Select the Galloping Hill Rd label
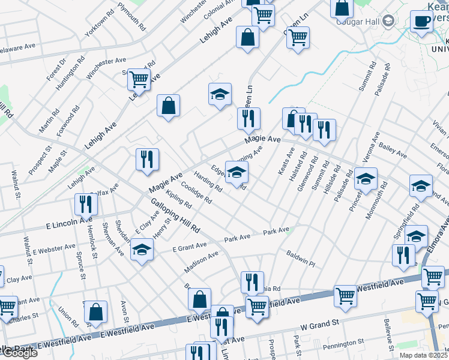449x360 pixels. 175,217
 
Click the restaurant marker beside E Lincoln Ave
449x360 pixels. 85,205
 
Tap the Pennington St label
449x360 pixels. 343,344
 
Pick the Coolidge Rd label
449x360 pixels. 196,192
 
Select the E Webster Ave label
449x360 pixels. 54,247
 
